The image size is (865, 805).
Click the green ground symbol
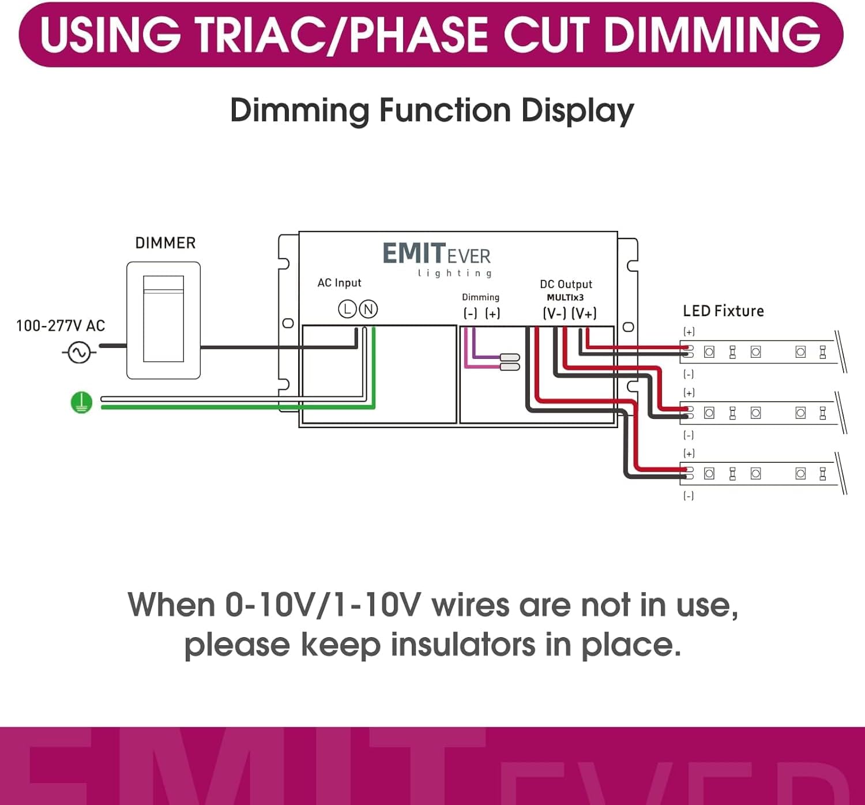tap(81, 402)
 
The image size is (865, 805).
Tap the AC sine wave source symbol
tap(79, 352)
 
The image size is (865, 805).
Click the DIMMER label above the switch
tap(165, 243)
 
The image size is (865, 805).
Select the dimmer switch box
tap(163, 320)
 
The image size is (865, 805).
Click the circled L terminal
tap(347, 309)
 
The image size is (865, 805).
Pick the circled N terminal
tap(368, 309)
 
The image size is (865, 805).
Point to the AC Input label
tap(339, 283)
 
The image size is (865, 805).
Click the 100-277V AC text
tap(61, 326)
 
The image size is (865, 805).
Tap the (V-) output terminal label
tap(554, 313)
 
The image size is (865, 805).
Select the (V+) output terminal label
tap(584, 313)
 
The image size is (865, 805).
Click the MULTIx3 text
tap(565, 298)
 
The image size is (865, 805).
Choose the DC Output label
tap(566, 284)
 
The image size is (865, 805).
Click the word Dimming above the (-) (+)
tap(480, 297)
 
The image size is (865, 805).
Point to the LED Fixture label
tap(723, 311)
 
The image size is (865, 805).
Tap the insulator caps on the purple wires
tap(510, 362)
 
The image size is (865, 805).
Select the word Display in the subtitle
tap(577, 110)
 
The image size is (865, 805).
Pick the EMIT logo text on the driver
tap(413, 254)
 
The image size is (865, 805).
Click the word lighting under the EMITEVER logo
tap(455, 273)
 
